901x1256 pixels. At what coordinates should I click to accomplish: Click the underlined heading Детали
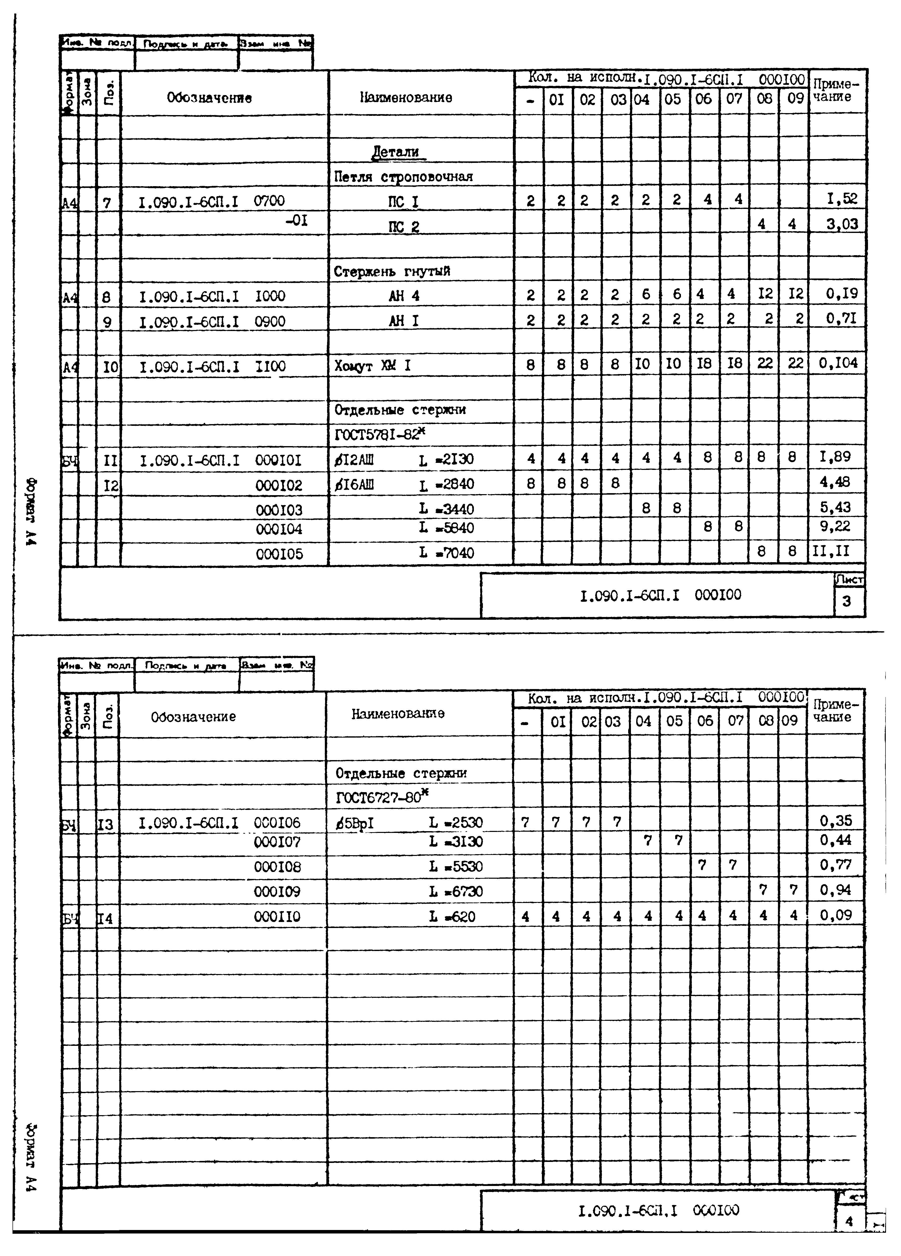coord(396,152)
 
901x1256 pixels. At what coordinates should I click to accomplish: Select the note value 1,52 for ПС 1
coord(842,199)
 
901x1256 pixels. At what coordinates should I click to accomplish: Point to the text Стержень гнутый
coord(392,271)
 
